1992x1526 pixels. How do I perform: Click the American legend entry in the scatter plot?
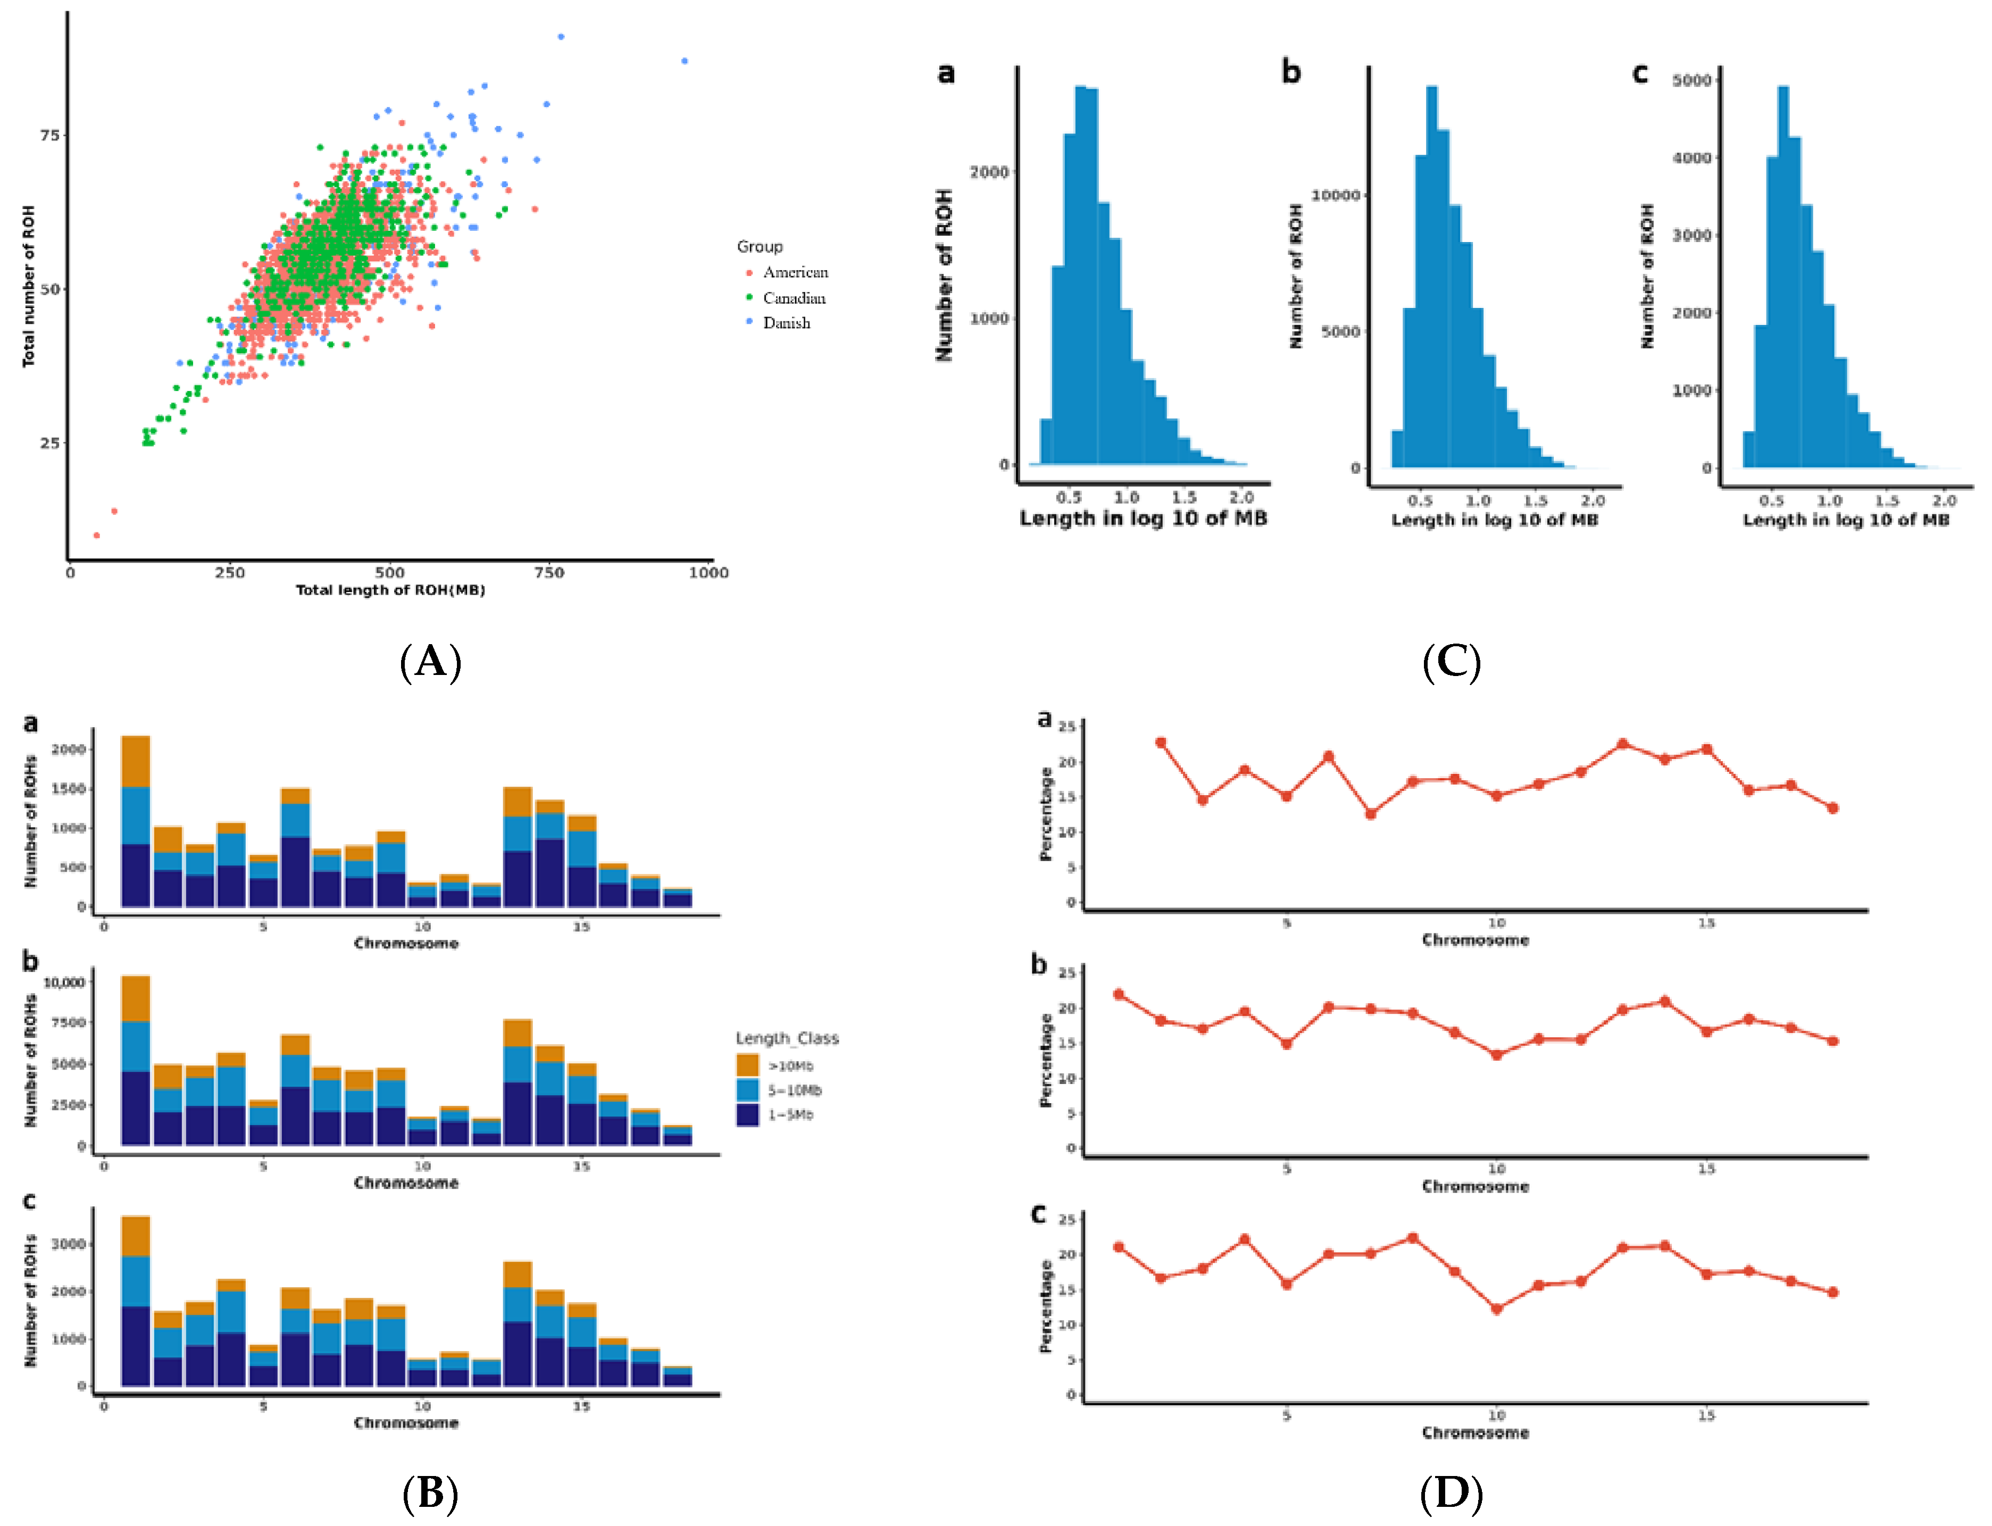click(x=795, y=272)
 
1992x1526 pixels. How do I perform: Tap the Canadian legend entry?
click(x=793, y=298)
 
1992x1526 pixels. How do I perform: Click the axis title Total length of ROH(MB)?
click(x=390, y=590)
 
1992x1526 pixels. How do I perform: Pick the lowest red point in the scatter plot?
click(x=96, y=535)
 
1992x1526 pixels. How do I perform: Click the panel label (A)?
click(x=430, y=661)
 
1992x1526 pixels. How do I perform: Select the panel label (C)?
click(x=1451, y=661)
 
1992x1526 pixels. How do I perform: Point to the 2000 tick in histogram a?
click(x=989, y=172)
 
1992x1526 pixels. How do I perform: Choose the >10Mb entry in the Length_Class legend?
click(x=790, y=1065)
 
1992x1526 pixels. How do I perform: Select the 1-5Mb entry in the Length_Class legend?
click(x=790, y=1114)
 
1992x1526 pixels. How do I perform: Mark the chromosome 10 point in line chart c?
click(x=1496, y=1309)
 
